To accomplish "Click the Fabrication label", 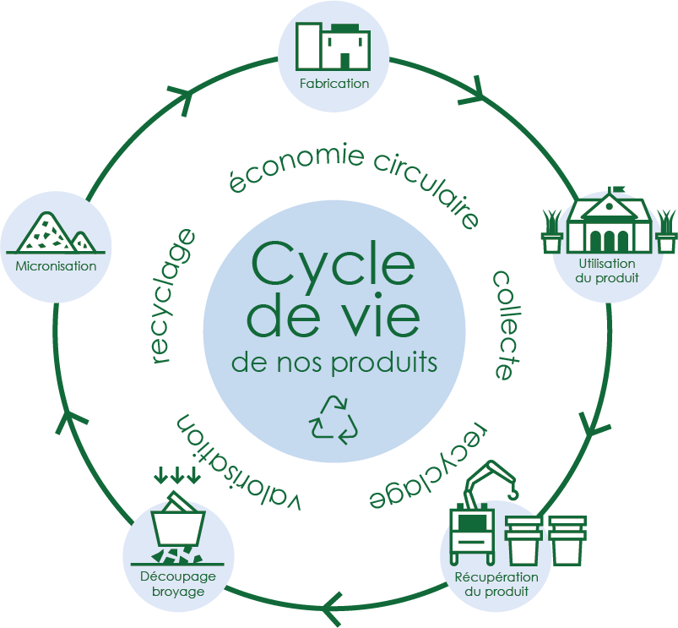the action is pos(334,83).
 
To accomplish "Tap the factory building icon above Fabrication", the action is pos(333,46).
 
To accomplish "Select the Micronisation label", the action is pos(56,265).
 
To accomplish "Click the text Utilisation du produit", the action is pos(607,270).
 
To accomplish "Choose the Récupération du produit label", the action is pos(496,584).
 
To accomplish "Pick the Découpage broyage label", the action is pos(177,583).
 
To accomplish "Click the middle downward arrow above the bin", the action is pos(176,475).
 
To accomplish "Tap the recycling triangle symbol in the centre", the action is pos(334,419).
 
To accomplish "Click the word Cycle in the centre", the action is pos(333,264).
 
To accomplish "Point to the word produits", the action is pos(384,363).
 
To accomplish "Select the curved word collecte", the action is pos(506,325).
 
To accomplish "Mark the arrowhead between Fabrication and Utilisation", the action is pos(474,92).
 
